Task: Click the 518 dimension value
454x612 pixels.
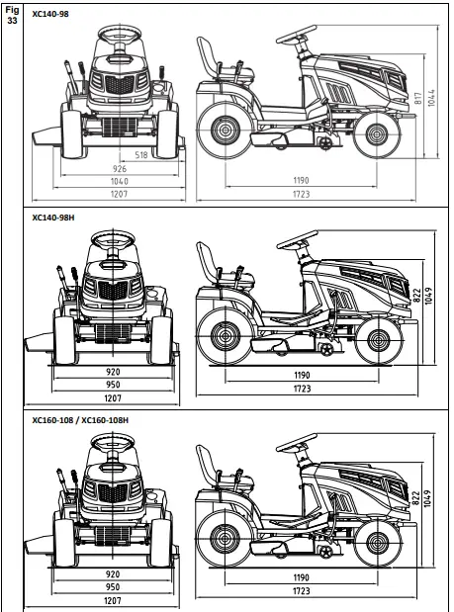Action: [x=140, y=155]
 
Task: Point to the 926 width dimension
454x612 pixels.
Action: [x=121, y=169]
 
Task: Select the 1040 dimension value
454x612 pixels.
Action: [x=121, y=181]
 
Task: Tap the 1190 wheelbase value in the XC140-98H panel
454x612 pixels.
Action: [x=301, y=377]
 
